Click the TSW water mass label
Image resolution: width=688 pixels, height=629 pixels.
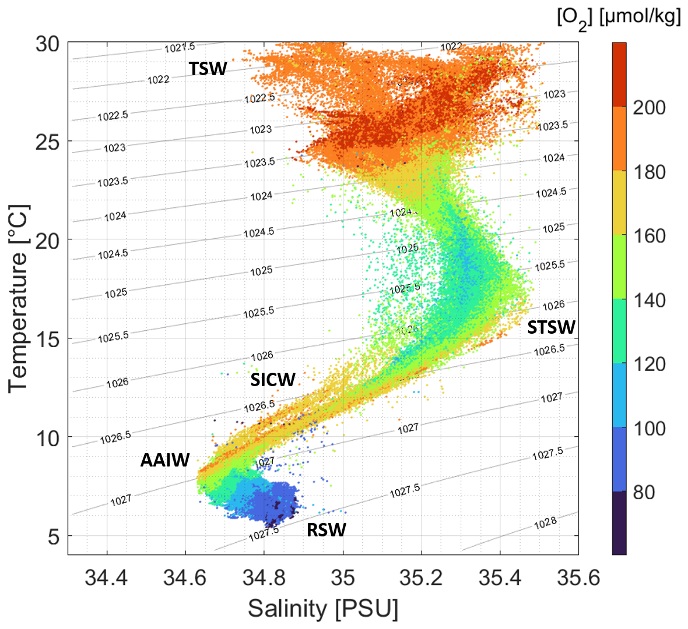coord(208,69)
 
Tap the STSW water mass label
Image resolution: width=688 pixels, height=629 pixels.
coord(551,327)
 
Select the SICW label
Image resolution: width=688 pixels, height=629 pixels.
coord(273,380)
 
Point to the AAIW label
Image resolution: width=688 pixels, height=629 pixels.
coord(165,460)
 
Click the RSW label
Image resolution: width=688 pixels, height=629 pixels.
coord(327,529)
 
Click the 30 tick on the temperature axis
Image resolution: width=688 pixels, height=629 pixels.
coord(47,43)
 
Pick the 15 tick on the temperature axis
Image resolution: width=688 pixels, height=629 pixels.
coord(47,338)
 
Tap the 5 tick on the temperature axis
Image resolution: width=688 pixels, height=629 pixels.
coord(53,536)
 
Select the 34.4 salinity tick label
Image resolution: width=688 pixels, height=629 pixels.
coord(106,578)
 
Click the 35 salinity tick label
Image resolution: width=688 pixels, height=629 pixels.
coord(343,578)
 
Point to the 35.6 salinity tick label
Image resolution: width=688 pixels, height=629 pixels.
coord(579,578)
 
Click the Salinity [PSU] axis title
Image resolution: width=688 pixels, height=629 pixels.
coord(323,609)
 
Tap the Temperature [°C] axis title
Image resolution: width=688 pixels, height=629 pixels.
coord(19,298)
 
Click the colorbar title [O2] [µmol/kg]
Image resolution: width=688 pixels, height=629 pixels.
coord(619,17)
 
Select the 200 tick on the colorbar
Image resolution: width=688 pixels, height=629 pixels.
coord(649,107)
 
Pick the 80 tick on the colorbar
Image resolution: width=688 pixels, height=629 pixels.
coord(644,492)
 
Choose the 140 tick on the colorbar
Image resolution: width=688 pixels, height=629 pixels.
coord(649,300)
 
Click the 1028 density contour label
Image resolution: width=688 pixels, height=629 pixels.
coord(545,522)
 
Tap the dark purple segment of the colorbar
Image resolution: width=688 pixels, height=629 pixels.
coord(619,522)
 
